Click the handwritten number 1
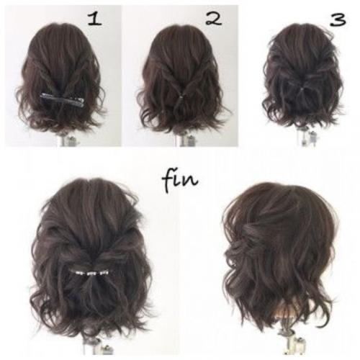(95, 19)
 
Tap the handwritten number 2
(214, 19)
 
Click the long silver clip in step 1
(62, 99)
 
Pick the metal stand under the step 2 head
(184, 140)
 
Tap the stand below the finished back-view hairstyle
(96, 346)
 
